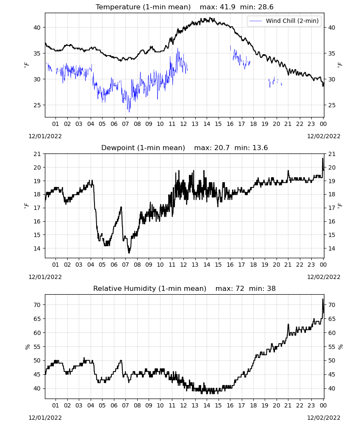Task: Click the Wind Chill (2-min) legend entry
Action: pyautogui.click(x=284, y=21)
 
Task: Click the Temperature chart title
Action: pyautogui.click(x=143, y=7)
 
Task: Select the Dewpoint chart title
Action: pyautogui.click(x=143, y=148)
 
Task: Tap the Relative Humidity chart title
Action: pyautogui.click(x=150, y=288)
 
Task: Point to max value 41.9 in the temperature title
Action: pyautogui.click(x=228, y=7)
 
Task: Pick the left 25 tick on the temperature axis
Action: pyautogui.click(x=37, y=105)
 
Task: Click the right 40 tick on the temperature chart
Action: pyautogui.click(x=332, y=28)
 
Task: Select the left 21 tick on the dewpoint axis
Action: pyautogui.click(x=37, y=154)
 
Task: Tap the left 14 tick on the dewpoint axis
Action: pyautogui.click(x=37, y=248)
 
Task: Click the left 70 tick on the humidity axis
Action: pyautogui.click(x=37, y=305)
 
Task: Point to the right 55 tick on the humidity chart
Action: pyautogui.click(x=332, y=347)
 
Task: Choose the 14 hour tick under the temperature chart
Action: pyautogui.click(x=207, y=124)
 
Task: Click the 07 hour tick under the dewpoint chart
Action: pyautogui.click(x=125, y=265)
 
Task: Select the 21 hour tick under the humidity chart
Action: pyautogui.click(x=288, y=405)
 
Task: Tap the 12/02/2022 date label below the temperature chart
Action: pyautogui.click(x=324, y=136)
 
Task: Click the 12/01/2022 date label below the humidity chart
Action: pyautogui.click(x=45, y=418)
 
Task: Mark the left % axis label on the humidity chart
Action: pyautogui.click(x=27, y=347)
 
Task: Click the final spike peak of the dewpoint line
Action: pyautogui.click(x=322, y=159)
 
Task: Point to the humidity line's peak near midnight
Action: pyautogui.click(x=323, y=299)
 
